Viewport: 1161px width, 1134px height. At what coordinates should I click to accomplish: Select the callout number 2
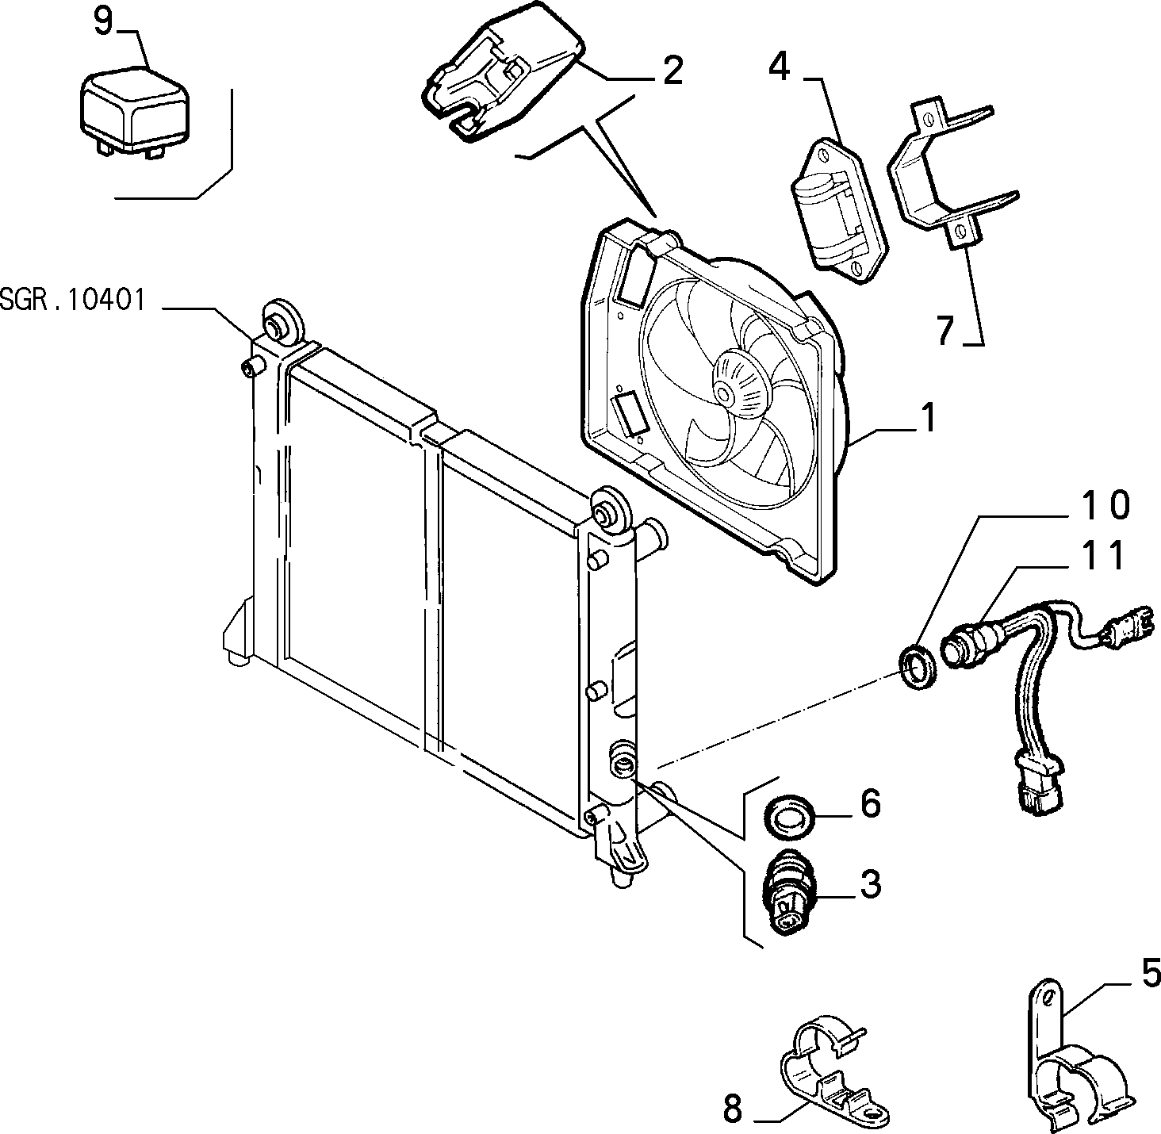672,71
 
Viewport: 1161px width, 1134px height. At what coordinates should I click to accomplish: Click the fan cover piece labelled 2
501,71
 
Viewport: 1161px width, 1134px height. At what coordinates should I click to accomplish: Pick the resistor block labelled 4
840,211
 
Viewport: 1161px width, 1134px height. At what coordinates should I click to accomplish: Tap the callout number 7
945,331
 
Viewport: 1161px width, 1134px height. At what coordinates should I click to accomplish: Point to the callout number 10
1105,504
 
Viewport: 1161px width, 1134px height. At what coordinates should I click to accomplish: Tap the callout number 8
733,1109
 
